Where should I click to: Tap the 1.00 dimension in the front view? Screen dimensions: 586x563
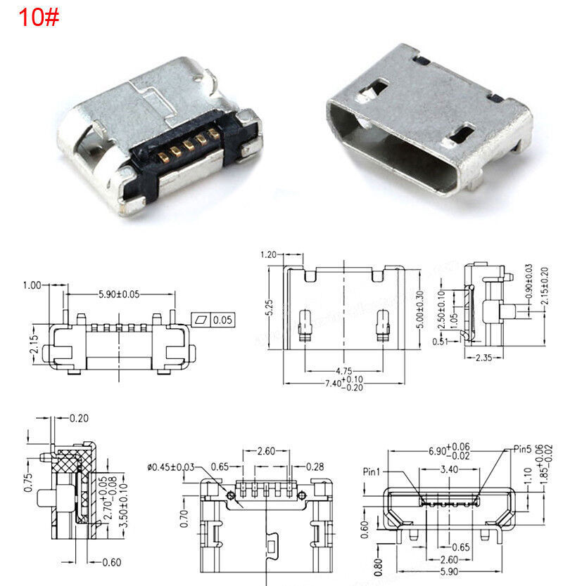coord(32,285)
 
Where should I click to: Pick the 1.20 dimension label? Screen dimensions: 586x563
coord(268,254)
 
